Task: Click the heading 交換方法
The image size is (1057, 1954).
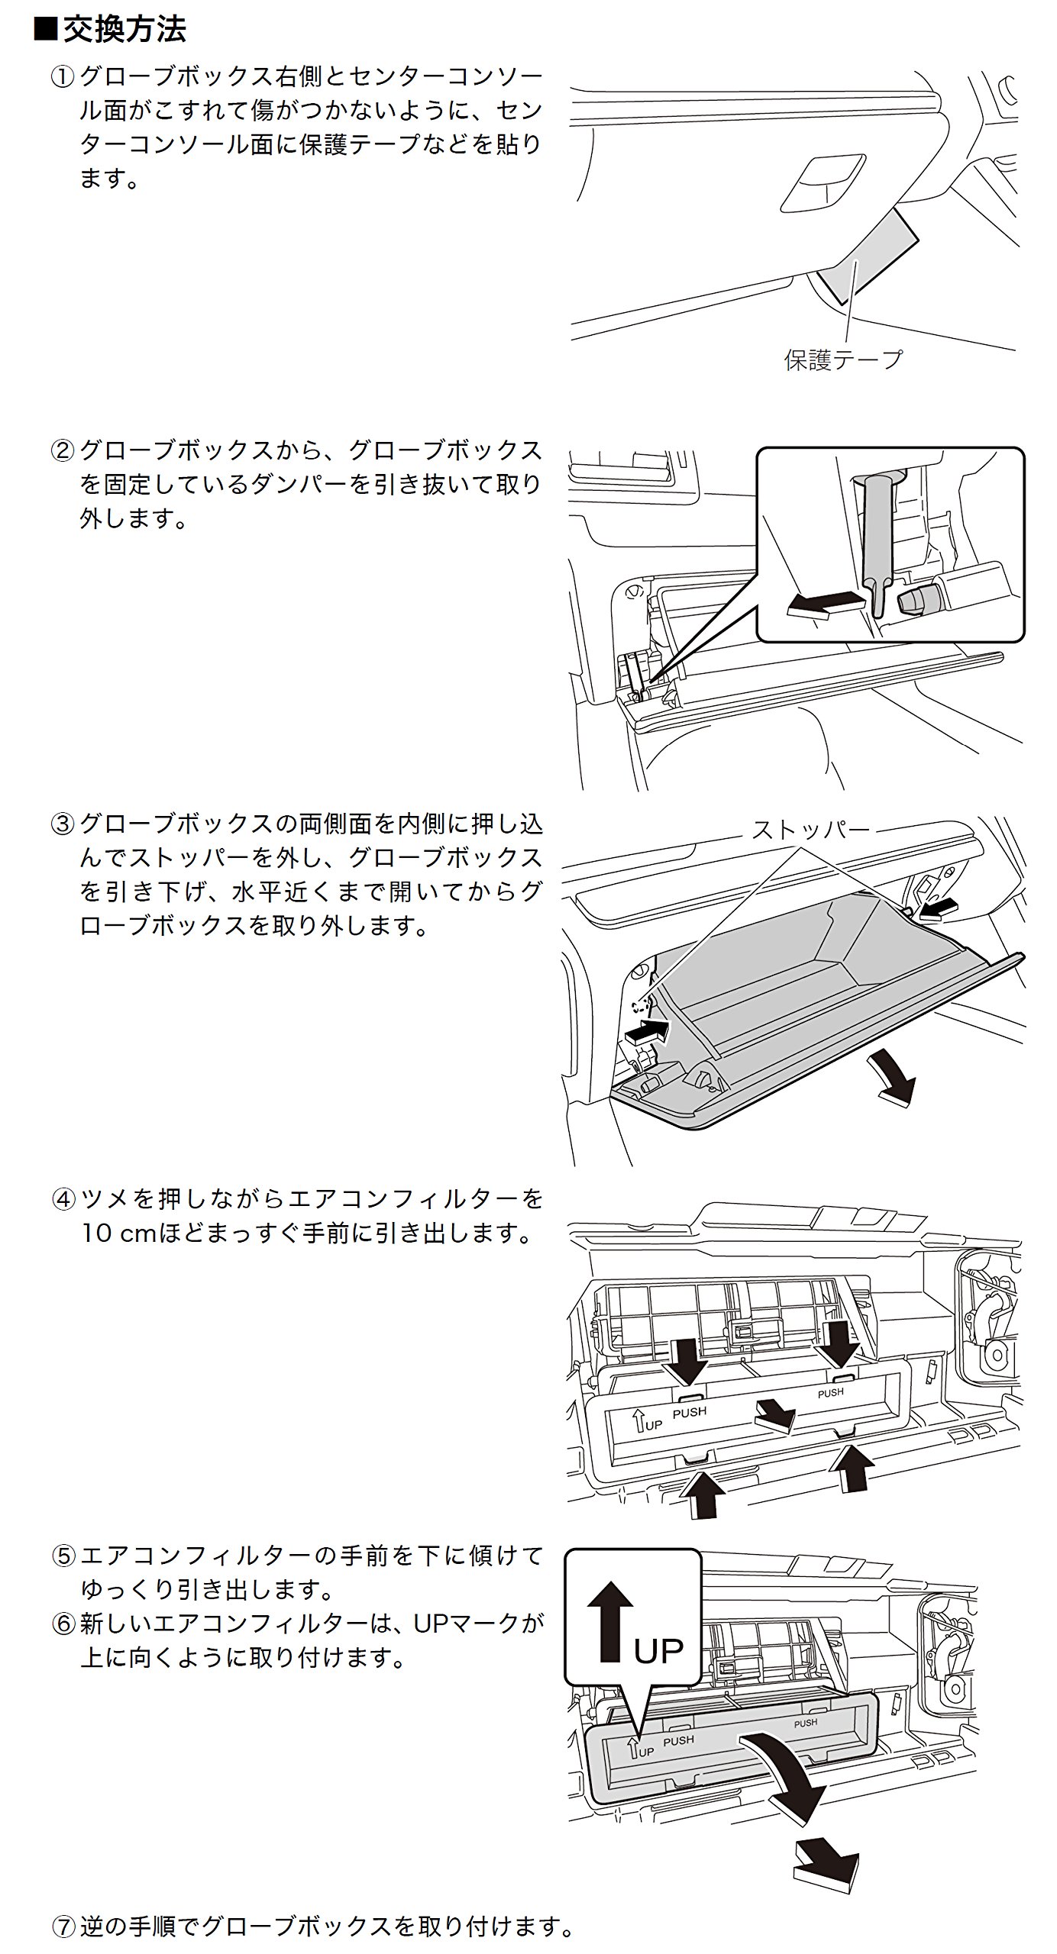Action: pyautogui.click(x=124, y=31)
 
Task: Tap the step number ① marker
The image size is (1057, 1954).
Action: pyautogui.click(x=62, y=77)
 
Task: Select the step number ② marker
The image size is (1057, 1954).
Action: pyautogui.click(x=62, y=451)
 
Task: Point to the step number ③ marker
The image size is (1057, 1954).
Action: pyautogui.click(x=62, y=824)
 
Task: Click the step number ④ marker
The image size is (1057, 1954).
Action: pyautogui.click(x=62, y=1199)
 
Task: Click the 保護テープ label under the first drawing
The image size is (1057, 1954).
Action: pyautogui.click(x=843, y=359)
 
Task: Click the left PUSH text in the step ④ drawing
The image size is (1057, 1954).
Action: pyautogui.click(x=690, y=1412)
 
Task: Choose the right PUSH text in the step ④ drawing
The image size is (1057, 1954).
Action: pyautogui.click(x=830, y=1392)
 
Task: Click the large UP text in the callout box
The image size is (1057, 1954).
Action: pyautogui.click(x=658, y=1651)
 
